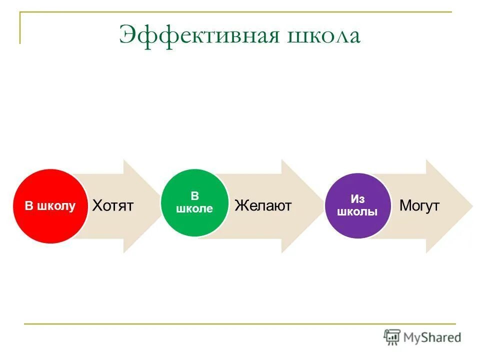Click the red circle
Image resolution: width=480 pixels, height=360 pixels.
[50, 206]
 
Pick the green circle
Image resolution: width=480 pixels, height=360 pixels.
[194, 202]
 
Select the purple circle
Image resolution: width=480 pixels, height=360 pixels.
[357, 205]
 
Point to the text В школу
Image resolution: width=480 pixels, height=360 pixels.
[50, 206]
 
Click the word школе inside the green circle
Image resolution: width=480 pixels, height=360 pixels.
[194, 209]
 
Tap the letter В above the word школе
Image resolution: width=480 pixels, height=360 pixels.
[194, 196]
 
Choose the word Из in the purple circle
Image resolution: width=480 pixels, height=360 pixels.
[357, 199]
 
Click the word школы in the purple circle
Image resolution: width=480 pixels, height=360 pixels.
[357, 212]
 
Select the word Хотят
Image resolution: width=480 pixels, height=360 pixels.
[113, 205]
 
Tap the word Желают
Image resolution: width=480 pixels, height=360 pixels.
[263, 205]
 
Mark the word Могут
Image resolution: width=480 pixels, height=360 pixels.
[419, 205]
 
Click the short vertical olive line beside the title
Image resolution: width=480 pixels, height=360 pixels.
[20, 28]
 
